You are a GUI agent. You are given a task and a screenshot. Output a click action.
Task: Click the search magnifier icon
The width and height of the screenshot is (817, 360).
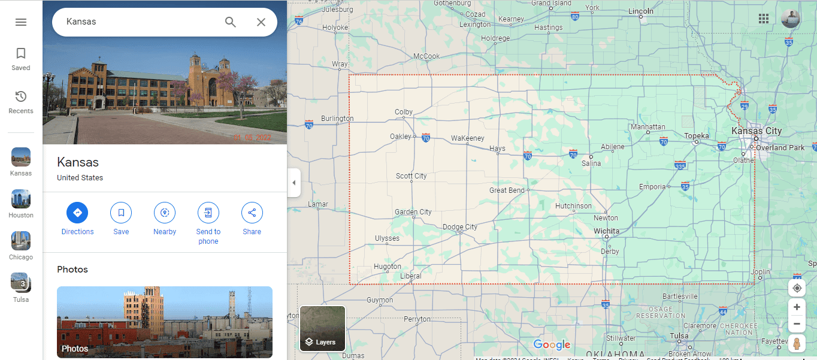(x=231, y=22)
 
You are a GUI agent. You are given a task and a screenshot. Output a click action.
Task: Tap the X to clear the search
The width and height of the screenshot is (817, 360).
(x=261, y=22)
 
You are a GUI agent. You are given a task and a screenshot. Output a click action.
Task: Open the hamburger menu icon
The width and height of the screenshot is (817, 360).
(x=21, y=22)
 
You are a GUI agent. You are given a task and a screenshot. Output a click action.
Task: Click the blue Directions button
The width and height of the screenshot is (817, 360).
(x=77, y=213)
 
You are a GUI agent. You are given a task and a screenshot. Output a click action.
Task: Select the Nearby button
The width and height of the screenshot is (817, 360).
(x=165, y=213)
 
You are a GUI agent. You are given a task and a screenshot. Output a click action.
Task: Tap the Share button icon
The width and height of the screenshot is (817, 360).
(x=252, y=213)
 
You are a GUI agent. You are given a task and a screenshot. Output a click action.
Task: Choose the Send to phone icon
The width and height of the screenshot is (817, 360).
(x=208, y=213)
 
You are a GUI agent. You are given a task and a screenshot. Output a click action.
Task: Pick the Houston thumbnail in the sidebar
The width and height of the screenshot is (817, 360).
(x=21, y=199)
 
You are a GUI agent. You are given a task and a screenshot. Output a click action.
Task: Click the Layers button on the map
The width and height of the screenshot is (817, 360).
(x=323, y=328)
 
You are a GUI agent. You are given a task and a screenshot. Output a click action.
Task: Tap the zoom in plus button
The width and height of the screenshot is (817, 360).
(x=797, y=307)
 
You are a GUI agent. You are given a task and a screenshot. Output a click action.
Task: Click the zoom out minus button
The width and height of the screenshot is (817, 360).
(x=797, y=324)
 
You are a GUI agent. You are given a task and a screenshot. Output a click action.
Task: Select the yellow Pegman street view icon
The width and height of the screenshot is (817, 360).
(x=797, y=344)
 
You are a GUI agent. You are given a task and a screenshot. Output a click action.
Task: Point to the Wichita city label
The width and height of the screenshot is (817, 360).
(x=607, y=231)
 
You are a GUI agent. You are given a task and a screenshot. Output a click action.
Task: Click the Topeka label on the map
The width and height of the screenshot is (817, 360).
(x=697, y=136)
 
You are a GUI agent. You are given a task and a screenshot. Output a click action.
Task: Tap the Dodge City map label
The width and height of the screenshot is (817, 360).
(x=460, y=227)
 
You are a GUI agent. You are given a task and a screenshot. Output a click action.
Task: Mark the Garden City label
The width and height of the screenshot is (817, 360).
(x=413, y=212)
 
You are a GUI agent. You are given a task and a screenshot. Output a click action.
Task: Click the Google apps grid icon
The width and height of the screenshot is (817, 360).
(x=764, y=19)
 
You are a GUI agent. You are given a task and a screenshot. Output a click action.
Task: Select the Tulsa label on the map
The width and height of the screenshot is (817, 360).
(x=679, y=335)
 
